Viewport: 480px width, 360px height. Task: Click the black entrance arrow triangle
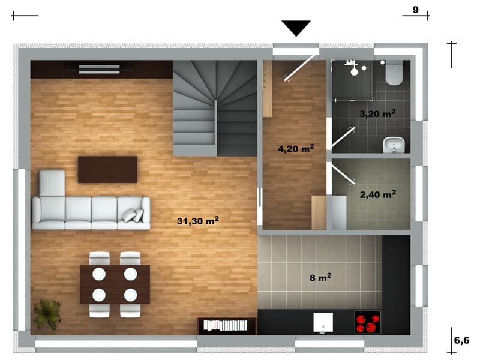(x=296, y=28)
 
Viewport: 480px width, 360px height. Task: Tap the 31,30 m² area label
(x=198, y=220)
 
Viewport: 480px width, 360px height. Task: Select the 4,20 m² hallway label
(x=296, y=148)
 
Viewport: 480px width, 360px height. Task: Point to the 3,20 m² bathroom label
(x=377, y=113)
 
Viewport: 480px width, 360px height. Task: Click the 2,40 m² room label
(x=378, y=194)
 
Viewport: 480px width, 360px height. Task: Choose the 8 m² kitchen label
(x=320, y=277)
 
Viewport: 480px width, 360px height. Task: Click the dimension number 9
(x=415, y=10)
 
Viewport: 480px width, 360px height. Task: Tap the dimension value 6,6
(x=461, y=340)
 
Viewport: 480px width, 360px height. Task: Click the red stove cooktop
(x=368, y=322)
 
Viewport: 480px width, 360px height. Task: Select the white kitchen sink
(x=323, y=322)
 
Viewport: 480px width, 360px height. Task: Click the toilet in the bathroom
(x=394, y=73)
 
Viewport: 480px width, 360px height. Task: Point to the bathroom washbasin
(x=394, y=145)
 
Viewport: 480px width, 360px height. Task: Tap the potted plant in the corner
(x=47, y=314)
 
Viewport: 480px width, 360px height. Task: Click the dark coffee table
(x=107, y=170)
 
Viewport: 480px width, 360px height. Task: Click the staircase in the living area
(x=215, y=109)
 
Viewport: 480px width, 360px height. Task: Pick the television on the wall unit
(x=99, y=69)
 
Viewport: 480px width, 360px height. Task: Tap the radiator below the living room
(x=226, y=325)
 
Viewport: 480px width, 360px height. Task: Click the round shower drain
(x=354, y=72)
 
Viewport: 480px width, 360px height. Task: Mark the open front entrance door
(x=301, y=68)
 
